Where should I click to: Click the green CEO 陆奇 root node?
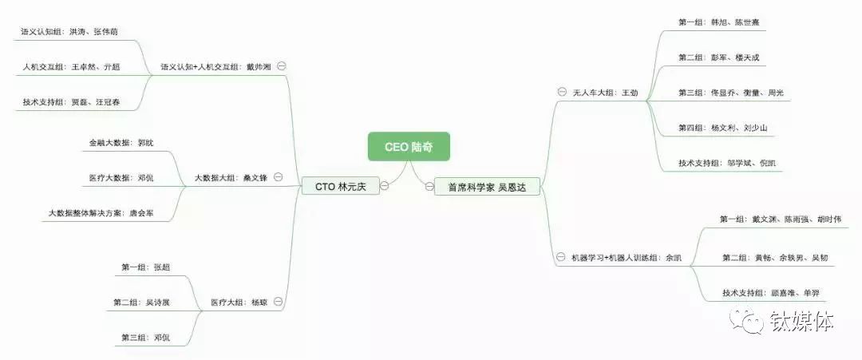409,147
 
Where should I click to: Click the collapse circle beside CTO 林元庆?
385,186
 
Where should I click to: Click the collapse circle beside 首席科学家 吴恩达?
429,186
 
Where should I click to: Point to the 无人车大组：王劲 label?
605,93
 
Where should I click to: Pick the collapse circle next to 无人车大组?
562,93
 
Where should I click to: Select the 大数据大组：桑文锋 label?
231,178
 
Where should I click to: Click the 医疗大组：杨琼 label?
239,303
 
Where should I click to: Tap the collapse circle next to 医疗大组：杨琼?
278,302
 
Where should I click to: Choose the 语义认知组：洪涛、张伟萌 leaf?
70,32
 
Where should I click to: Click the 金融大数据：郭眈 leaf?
121,143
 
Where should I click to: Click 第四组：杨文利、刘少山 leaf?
722,128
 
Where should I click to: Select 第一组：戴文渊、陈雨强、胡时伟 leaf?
779,220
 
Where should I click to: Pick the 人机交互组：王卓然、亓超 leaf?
71,67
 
